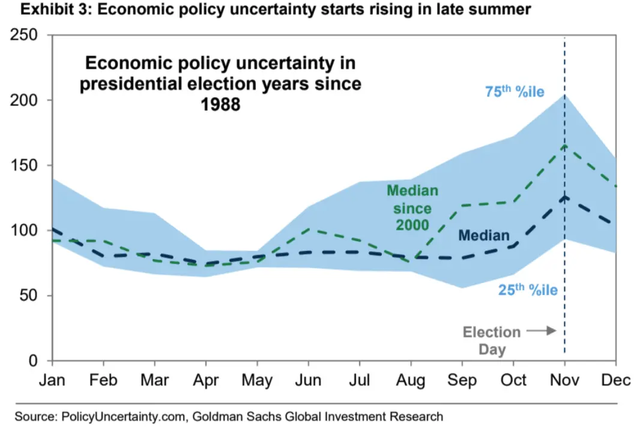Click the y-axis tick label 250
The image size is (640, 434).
coord(25,36)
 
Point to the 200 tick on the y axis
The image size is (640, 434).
coord(25,101)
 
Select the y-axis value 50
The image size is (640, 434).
coord(30,296)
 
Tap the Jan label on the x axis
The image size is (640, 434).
coord(52,381)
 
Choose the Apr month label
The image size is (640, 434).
coord(206,381)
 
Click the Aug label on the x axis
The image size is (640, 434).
coord(411,381)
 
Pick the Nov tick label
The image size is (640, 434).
coord(564,381)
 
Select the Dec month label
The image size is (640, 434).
coord(615,381)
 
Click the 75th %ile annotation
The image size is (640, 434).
coord(514,92)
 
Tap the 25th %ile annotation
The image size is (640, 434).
coord(528,290)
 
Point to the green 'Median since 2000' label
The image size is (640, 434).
coord(412,207)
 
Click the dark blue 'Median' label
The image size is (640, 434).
coord(483,236)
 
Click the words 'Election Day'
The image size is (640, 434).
coord(491,340)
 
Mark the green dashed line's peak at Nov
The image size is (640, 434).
coord(564,145)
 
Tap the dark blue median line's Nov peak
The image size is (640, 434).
coord(564,196)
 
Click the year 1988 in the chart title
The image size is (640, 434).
coord(220,104)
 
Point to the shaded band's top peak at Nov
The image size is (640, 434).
coord(564,95)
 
